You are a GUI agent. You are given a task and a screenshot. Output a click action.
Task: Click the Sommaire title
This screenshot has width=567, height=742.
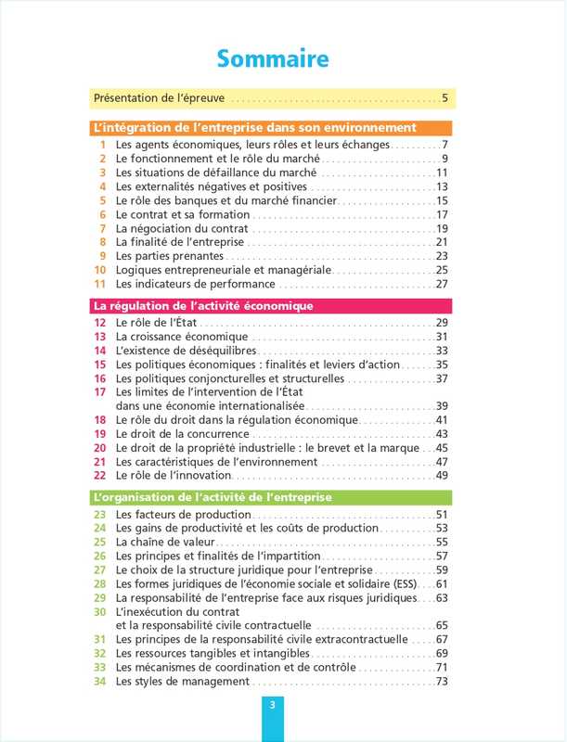(273, 59)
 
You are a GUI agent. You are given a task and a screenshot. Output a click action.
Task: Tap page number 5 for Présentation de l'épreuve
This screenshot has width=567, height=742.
(445, 97)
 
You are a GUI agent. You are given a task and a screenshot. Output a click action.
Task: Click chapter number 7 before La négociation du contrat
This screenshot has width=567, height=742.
(103, 228)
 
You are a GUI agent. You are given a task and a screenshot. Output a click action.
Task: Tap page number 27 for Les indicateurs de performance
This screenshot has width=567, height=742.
(442, 284)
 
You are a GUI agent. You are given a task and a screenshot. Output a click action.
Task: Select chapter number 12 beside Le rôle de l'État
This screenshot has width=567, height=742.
(99, 323)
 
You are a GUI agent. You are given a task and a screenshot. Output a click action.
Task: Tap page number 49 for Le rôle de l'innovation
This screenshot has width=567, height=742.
(442, 476)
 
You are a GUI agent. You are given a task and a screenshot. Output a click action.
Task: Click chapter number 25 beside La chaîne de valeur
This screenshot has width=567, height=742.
(99, 542)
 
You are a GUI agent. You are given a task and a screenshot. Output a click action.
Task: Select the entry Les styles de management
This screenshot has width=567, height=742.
(182, 682)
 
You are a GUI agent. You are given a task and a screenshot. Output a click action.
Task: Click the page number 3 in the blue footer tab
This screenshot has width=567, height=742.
(272, 705)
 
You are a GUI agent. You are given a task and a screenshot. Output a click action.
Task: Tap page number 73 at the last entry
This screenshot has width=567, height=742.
(442, 682)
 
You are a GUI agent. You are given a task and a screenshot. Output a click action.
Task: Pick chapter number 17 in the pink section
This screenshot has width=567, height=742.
(99, 392)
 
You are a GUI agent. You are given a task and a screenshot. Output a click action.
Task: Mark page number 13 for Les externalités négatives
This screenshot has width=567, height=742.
(442, 186)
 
